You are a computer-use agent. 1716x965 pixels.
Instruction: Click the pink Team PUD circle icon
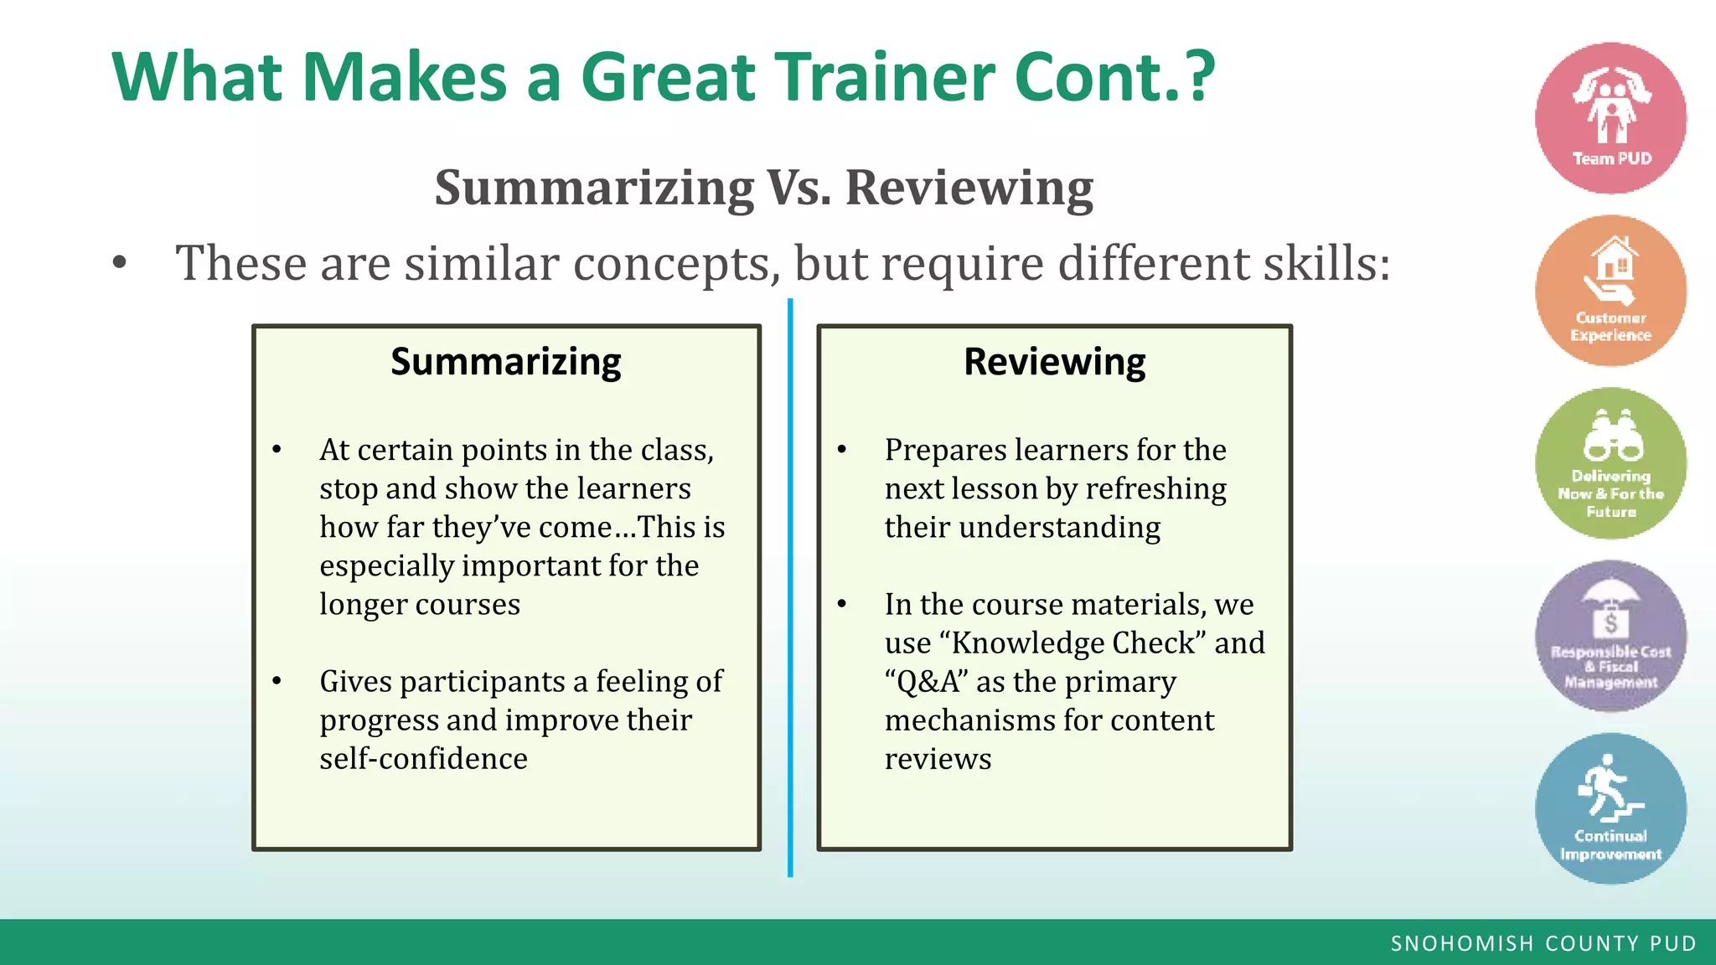[1610, 118]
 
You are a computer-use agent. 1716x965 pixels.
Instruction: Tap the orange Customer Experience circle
[1610, 291]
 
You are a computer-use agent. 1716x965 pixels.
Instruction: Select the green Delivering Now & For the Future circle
[1610, 463]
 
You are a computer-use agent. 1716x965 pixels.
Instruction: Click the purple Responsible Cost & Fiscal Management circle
[1610, 637]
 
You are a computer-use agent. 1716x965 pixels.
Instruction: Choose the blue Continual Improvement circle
[1610, 808]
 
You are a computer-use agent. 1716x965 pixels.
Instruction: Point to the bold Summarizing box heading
[506, 362]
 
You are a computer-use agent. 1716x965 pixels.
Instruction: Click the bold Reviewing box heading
[1054, 362]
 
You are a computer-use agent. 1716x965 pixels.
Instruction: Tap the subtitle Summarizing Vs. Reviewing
[763, 187]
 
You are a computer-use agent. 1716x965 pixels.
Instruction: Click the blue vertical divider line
[790, 586]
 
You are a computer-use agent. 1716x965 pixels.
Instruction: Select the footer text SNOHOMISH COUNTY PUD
[1543, 943]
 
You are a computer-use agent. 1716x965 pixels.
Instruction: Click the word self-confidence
[423, 759]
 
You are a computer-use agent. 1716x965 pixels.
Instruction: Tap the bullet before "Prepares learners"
[842, 451]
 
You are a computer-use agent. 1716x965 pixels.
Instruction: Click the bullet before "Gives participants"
[277, 682]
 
